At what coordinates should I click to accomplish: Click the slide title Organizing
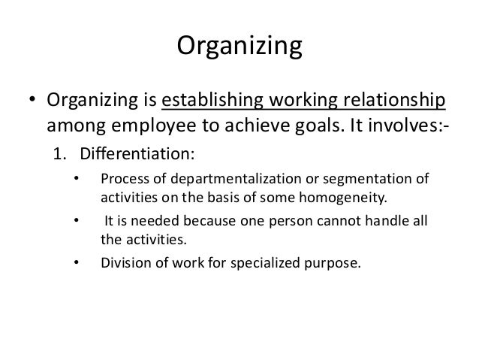239,47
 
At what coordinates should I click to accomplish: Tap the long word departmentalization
223,180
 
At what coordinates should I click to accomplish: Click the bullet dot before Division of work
75,264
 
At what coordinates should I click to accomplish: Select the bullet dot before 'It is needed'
75,222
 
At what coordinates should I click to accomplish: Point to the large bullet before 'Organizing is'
33,101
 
